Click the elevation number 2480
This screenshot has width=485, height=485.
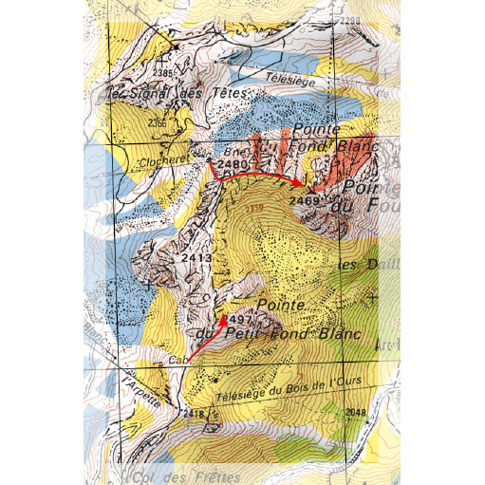pos(233,164)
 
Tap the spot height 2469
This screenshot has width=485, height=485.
pos(306,201)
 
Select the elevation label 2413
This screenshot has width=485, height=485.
pos(196,257)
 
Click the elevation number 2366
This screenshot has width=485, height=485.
pos(157,122)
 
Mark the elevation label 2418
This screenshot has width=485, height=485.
pos(194,414)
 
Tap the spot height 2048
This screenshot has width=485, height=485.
pos(355,411)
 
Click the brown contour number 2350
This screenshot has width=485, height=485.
pos(253,206)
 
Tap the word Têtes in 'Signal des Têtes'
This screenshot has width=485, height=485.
pos(230,94)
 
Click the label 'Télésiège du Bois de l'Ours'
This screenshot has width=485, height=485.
pos(277,389)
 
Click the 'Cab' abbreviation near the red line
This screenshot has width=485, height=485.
pos(178,361)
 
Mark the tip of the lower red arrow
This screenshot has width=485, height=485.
pos(224,317)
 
